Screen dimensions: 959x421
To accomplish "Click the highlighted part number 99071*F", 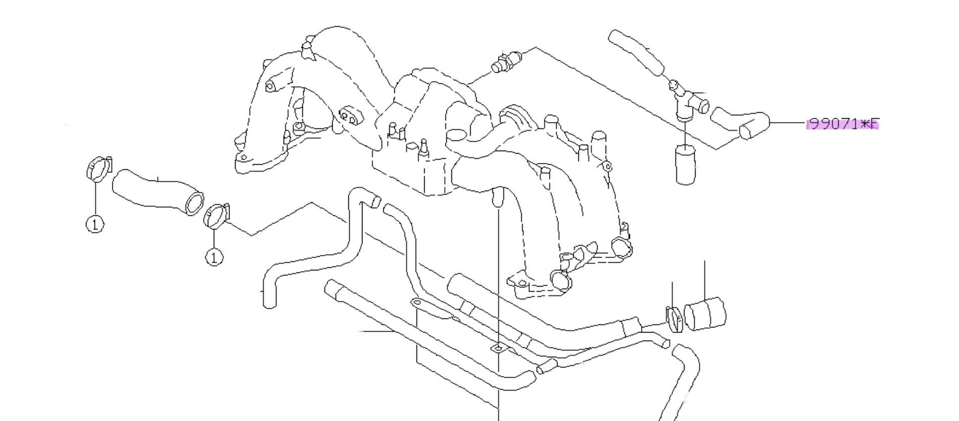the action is pos(843,123).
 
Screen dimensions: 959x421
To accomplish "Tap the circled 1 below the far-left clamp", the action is pos(95,223).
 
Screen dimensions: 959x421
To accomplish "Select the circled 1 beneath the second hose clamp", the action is pos(214,257).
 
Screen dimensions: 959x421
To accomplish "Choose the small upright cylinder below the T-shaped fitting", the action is pos(686,164).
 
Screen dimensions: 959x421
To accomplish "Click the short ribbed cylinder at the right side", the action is pos(704,314).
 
